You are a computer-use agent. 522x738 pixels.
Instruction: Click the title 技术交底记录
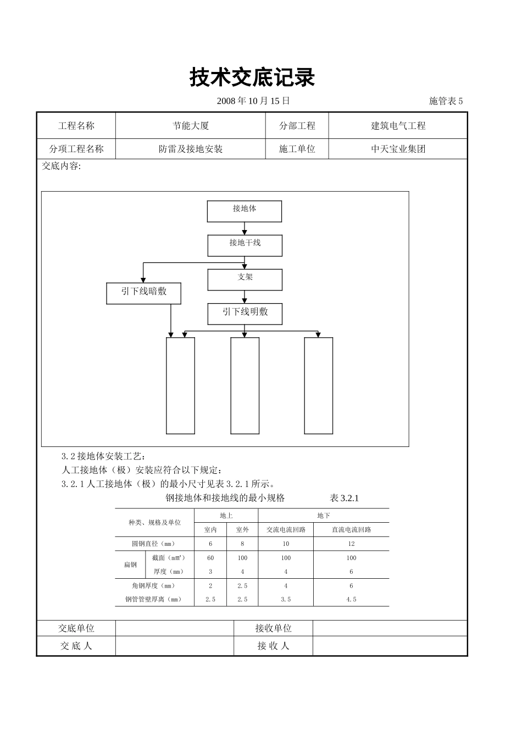(252, 77)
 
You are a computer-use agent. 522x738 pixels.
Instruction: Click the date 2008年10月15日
(253, 100)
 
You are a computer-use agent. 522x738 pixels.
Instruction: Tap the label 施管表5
(446, 101)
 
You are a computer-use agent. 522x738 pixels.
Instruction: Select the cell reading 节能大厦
(191, 126)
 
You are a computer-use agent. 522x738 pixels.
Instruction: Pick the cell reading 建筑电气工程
(398, 126)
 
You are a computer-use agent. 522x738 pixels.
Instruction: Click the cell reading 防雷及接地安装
(191, 149)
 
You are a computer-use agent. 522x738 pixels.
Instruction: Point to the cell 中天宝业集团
(398, 149)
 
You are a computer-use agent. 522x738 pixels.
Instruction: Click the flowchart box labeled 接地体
(245, 211)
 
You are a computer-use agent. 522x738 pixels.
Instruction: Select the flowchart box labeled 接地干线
(245, 245)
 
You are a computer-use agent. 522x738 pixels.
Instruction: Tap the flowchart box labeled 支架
(245, 279)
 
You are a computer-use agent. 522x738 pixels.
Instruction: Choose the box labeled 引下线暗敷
(144, 293)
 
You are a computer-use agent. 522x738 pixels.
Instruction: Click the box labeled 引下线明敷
(245, 314)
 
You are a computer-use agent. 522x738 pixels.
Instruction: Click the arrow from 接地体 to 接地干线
(245, 228)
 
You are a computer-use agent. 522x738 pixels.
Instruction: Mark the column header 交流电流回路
(286, 529)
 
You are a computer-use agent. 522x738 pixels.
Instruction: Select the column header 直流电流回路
(351, 529)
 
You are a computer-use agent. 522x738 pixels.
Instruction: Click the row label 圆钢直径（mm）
(153, 544)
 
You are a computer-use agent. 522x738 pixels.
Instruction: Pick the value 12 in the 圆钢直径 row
(351, 544)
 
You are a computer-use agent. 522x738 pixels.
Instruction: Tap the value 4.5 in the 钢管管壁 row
(351, 599)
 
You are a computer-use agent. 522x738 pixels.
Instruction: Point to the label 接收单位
(273, 628)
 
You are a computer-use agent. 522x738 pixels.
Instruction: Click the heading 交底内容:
(62, 166)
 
